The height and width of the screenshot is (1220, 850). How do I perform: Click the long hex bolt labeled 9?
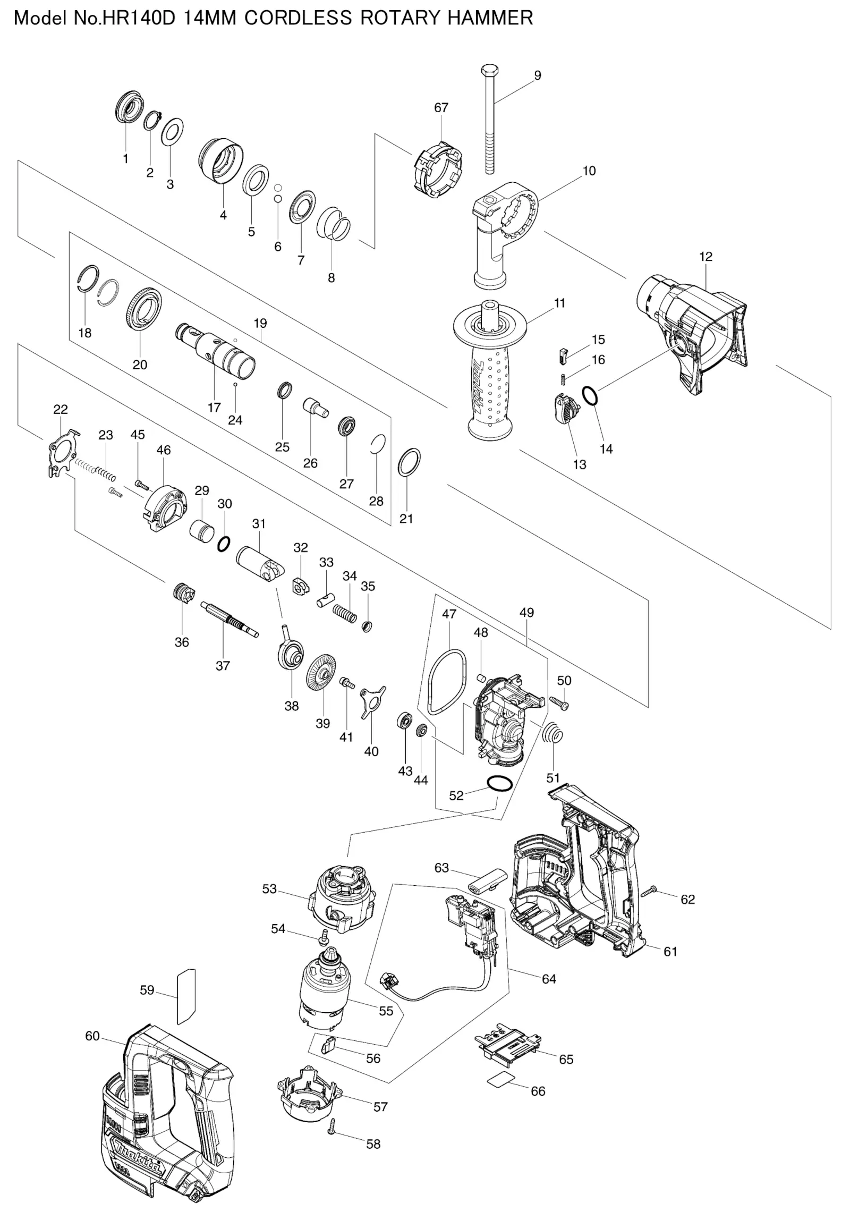489,120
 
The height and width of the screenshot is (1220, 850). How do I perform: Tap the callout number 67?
441,107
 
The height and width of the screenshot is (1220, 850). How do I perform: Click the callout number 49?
526,612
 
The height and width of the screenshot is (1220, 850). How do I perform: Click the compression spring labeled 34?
345,613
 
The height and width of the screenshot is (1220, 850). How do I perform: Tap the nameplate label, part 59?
186,996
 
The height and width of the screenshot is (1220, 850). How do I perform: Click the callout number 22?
61,409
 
